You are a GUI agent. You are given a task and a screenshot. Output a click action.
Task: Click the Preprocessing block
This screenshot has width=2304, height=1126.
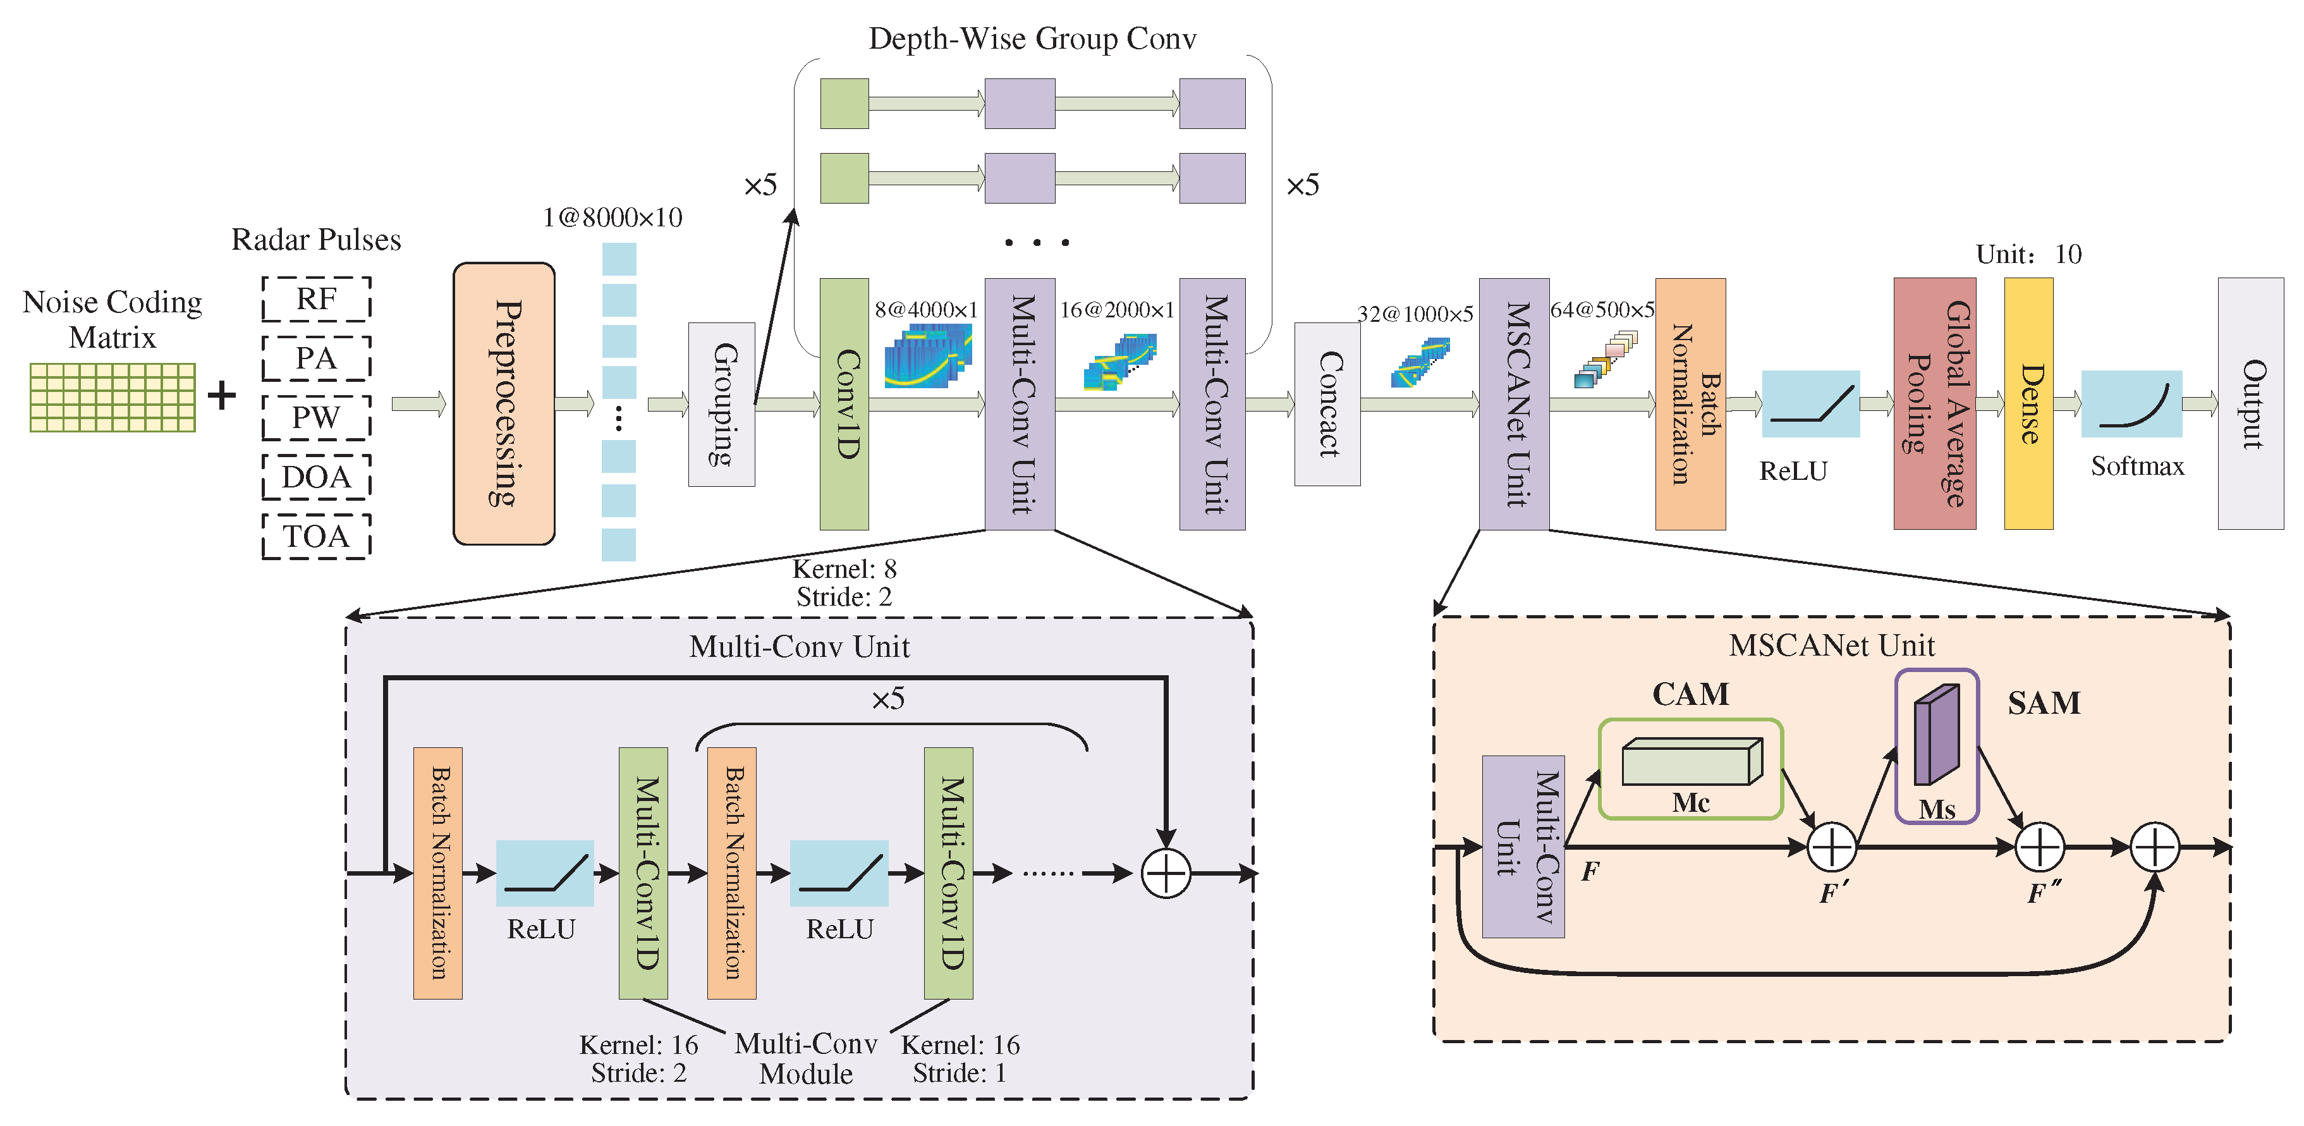tap(504, 403)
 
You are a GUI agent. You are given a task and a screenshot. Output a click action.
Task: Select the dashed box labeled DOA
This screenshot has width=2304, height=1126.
tap(317, 477)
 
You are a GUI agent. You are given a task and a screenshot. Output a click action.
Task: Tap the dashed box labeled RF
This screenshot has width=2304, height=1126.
tap(317, 298)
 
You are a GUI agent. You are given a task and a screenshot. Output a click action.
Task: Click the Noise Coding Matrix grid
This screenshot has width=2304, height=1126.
tap(113, 397)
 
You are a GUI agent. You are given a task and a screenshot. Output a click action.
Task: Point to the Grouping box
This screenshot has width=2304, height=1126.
tap(721, 404)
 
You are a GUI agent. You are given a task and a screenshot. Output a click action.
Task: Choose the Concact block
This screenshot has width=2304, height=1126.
tap(1327, 404)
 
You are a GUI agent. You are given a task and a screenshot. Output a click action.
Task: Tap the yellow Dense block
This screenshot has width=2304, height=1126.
tap(2028, 404)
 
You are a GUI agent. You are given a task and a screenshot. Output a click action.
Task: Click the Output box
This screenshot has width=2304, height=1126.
tap(2250, 404)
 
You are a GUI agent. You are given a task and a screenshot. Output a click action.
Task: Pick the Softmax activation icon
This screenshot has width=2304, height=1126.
tap(2131, 404)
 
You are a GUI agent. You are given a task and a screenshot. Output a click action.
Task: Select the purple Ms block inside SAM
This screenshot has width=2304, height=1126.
tap(1936, 735)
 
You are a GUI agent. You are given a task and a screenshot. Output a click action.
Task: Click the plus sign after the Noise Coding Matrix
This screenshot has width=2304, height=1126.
tap(222, 395)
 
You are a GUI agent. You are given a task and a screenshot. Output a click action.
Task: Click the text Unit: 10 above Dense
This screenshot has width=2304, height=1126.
tap(2028, 255)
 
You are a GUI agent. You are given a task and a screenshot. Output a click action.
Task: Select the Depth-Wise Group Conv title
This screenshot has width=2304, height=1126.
tap(1032, 39)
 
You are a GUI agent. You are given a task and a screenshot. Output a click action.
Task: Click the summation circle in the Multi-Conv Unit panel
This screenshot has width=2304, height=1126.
tap(1166, 873)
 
